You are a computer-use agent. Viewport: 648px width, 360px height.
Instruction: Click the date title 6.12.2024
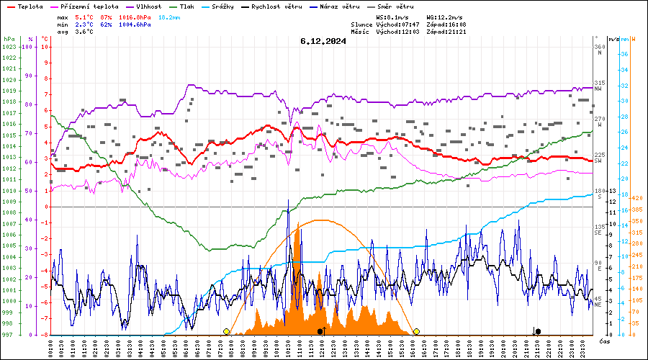[x=323, y=41]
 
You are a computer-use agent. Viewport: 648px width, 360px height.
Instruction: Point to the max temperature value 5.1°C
[x=84, y=17]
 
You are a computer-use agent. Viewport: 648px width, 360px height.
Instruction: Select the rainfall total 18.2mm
[x=168, y=17]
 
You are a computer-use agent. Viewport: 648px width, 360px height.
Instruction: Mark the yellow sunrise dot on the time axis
[x=227, y=331]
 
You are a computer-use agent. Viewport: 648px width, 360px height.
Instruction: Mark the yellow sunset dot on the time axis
[x=416, y=331]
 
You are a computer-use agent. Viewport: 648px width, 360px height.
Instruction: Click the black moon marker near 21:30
[x=538, y=331]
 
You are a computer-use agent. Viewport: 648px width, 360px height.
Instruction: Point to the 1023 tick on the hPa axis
[x=9, y=47]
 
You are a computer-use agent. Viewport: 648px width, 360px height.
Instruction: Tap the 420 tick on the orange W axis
[x=636, y=198]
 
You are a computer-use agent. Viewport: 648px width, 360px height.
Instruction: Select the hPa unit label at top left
[x=9, y=39]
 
